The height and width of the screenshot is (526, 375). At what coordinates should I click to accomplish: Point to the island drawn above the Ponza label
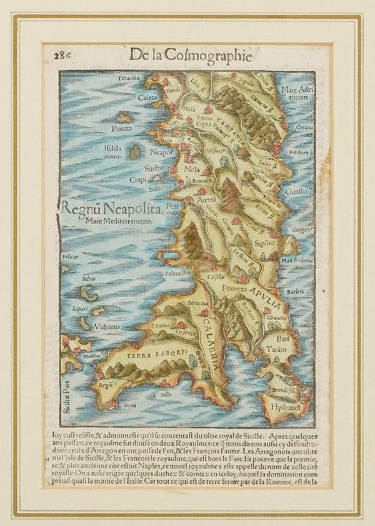coord(124,117)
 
